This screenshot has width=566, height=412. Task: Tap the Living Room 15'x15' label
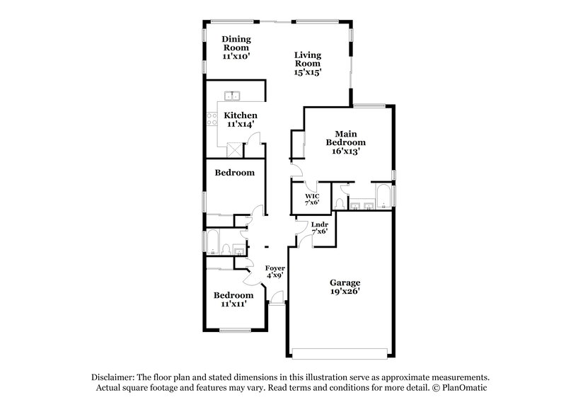tap(308, 63)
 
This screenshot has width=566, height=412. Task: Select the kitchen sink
tap(234, 96)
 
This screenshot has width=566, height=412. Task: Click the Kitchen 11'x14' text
tap(240, 120)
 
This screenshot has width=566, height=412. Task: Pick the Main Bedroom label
tap(345, 142)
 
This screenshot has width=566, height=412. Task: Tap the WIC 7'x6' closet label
tap(312, 199)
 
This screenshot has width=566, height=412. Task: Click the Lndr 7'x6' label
tap(319, 228)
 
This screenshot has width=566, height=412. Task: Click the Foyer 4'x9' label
tap(275, 272)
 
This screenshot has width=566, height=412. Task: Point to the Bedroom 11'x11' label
tap(233, 300)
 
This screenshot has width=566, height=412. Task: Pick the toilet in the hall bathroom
tap(225, 248)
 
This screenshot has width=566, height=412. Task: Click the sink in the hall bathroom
tap(238, 248)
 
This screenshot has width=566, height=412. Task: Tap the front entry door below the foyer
tap(277, 304)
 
